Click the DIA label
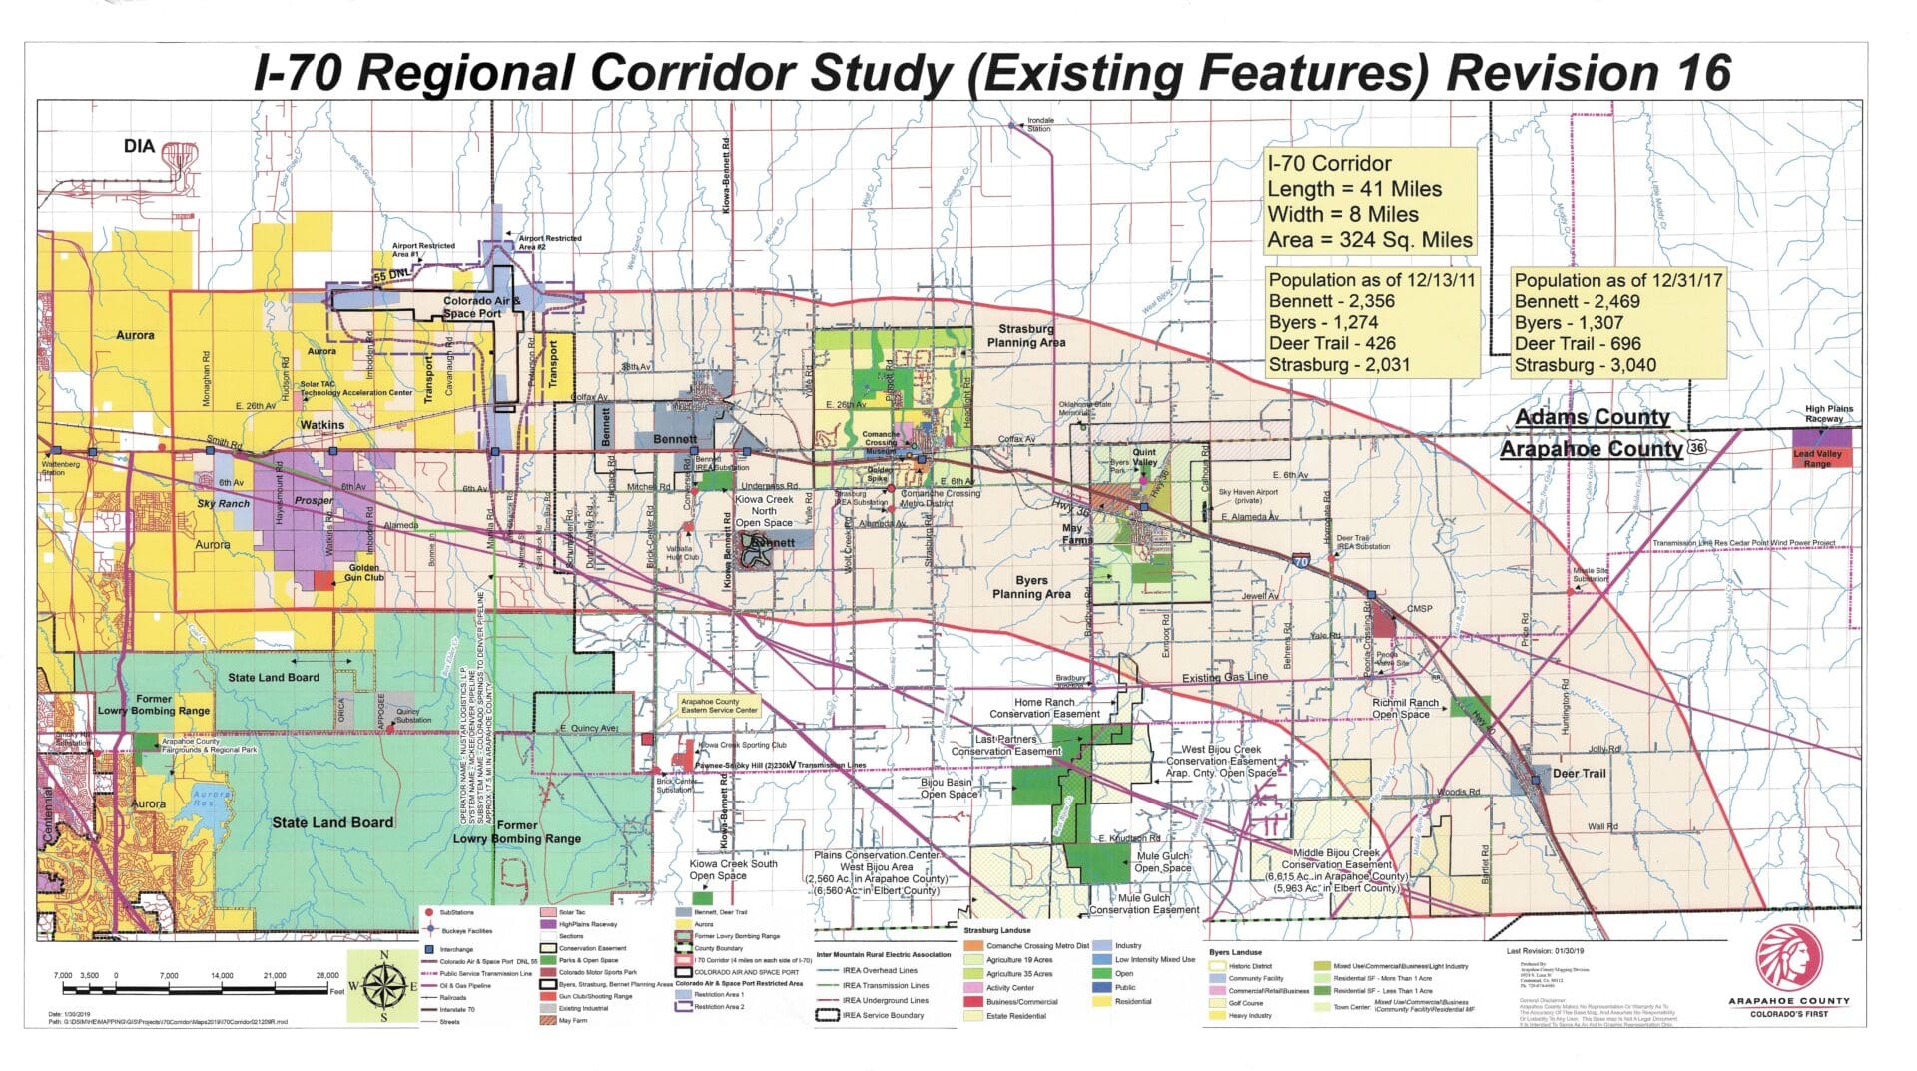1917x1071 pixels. pos(139,147)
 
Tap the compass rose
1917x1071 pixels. pos(383,986)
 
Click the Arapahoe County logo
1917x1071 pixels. pos(1788,958)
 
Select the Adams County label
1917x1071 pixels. pos(1592,417)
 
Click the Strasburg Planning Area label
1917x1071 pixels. pos(1025,336)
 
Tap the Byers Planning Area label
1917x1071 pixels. pos(1031,587)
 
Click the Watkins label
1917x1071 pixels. pos(321,425)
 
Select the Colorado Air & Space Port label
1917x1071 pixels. pos(481,307)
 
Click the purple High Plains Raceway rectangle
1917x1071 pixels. pos(1822,437)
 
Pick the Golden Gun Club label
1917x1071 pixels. pos(363,572)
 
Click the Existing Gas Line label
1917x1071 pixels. pos(1224,678)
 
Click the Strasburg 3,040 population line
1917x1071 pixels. pos(1584,365)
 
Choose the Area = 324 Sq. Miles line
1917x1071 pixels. pos(1369,240)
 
